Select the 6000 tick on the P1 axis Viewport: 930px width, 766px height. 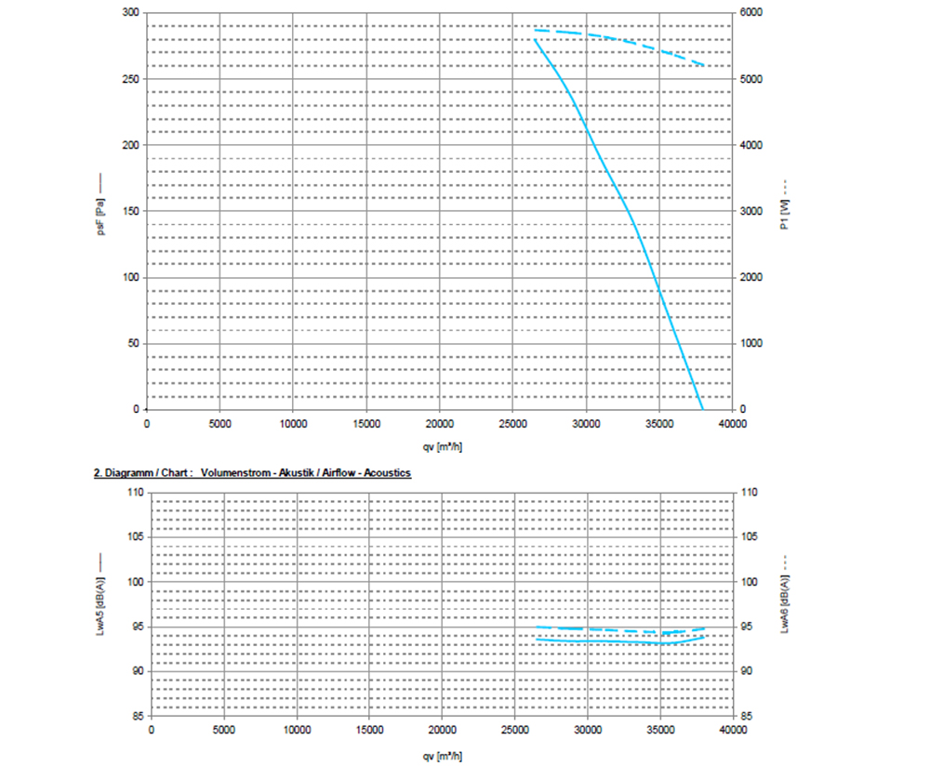point(751,13)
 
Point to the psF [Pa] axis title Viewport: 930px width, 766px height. point(100,213)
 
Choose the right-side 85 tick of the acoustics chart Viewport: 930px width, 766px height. point(747,716)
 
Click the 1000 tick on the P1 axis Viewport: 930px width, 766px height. point(751,344)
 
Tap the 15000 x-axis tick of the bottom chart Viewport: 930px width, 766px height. point(369,730)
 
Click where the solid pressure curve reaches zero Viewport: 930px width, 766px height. point(702,409)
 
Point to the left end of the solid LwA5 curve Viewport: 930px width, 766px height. point(537,639)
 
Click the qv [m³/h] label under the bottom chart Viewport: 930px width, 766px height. point(443,752)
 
